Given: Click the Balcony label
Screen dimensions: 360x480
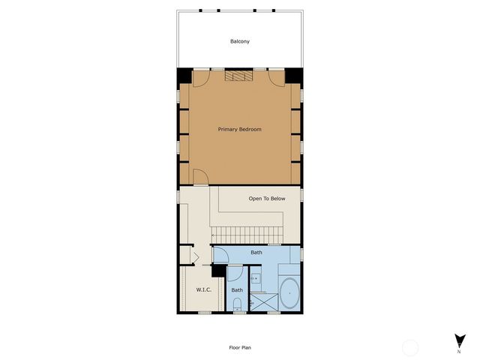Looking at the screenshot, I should [240, 40].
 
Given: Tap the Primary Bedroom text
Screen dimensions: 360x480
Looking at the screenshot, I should [240, 130].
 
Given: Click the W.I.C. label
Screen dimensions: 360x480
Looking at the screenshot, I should [203, 289].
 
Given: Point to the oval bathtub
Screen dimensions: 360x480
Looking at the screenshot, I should [288, 293].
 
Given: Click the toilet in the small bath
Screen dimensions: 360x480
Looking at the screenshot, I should [237, 304].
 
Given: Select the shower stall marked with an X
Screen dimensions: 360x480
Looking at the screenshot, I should [261, 298].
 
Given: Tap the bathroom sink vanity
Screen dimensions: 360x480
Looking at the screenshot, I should [256, 279].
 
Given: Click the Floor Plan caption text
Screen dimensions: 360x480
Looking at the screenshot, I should [240, 348].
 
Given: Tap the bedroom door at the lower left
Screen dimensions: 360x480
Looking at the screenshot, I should [200, 176].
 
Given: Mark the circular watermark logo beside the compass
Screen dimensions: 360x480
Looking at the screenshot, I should [410, 347].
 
